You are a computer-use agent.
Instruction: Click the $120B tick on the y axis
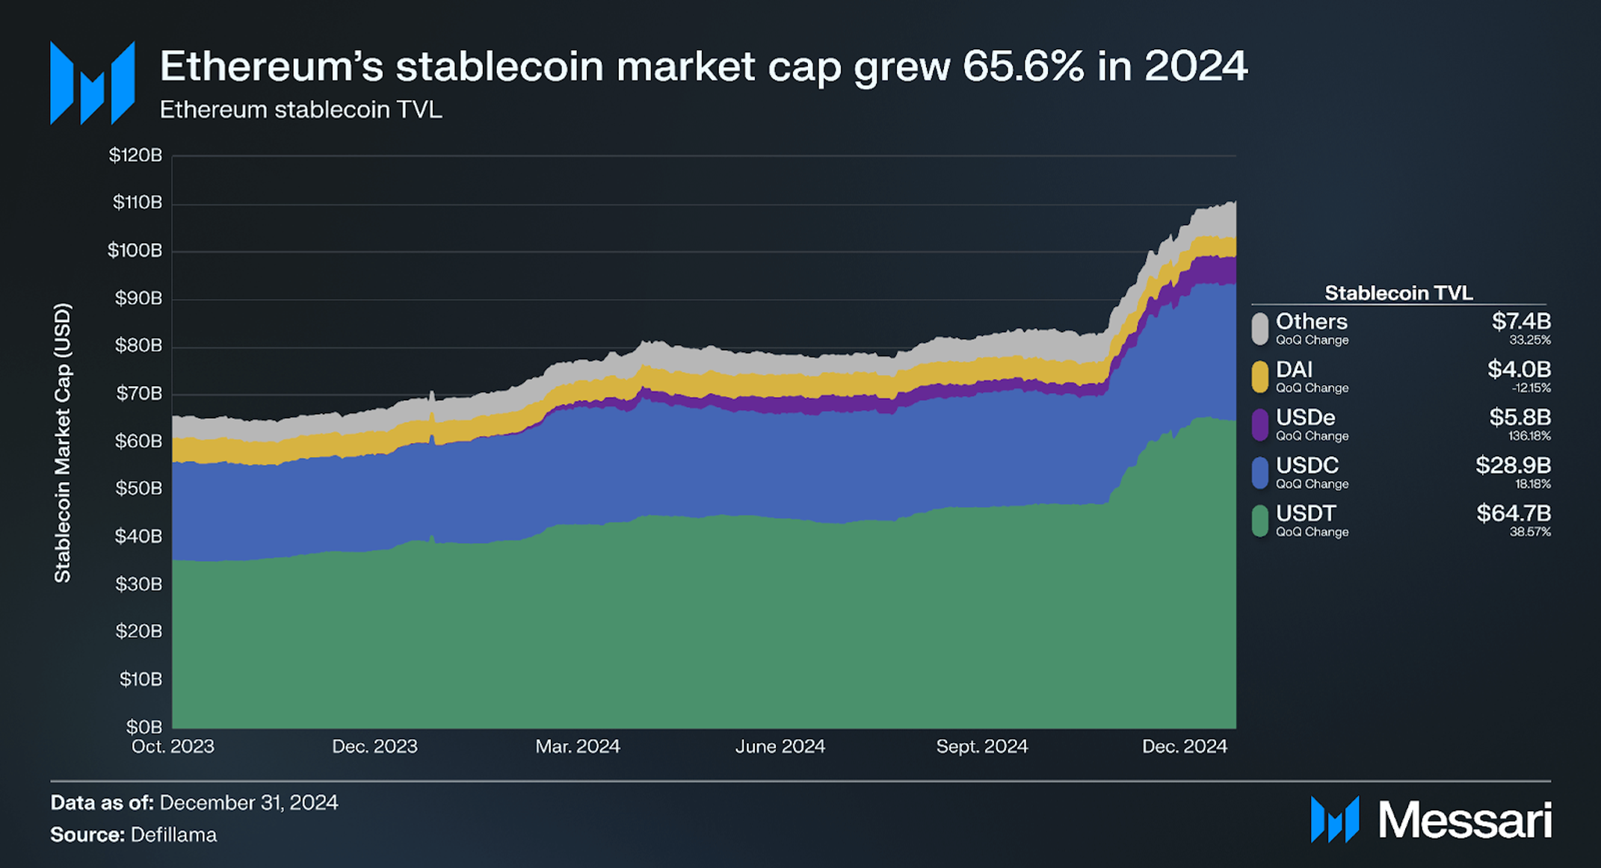pos(135,155)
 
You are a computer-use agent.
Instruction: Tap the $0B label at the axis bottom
pos(144,727)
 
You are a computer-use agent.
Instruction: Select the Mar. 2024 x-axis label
pos(577,747)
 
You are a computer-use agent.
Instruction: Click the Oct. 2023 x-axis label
pos(173,747)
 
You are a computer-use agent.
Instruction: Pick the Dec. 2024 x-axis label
pos(1184,747)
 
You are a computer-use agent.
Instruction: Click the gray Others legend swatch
pos(1259,329)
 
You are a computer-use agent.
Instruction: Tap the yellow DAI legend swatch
pos(1259,376)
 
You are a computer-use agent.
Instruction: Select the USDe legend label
pos(1305,418)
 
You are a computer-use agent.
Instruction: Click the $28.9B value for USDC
pos(1513,466)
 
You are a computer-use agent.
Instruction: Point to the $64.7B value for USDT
pos(1513,514)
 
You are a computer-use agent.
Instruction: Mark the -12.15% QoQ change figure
pos(1530,388)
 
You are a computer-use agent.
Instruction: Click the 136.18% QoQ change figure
pos(1529,436)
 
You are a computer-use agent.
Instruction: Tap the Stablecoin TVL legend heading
pos(1398,293)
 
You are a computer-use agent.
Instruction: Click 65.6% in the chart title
pos(1022,66)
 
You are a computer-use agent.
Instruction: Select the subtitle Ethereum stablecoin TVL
pos(300,110)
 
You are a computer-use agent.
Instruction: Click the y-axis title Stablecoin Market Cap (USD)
pos(63,442)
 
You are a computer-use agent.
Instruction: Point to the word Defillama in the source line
pos(173,835)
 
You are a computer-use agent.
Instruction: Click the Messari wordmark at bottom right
pos(1464,821)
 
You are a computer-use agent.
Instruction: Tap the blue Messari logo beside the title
pos(92,83)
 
